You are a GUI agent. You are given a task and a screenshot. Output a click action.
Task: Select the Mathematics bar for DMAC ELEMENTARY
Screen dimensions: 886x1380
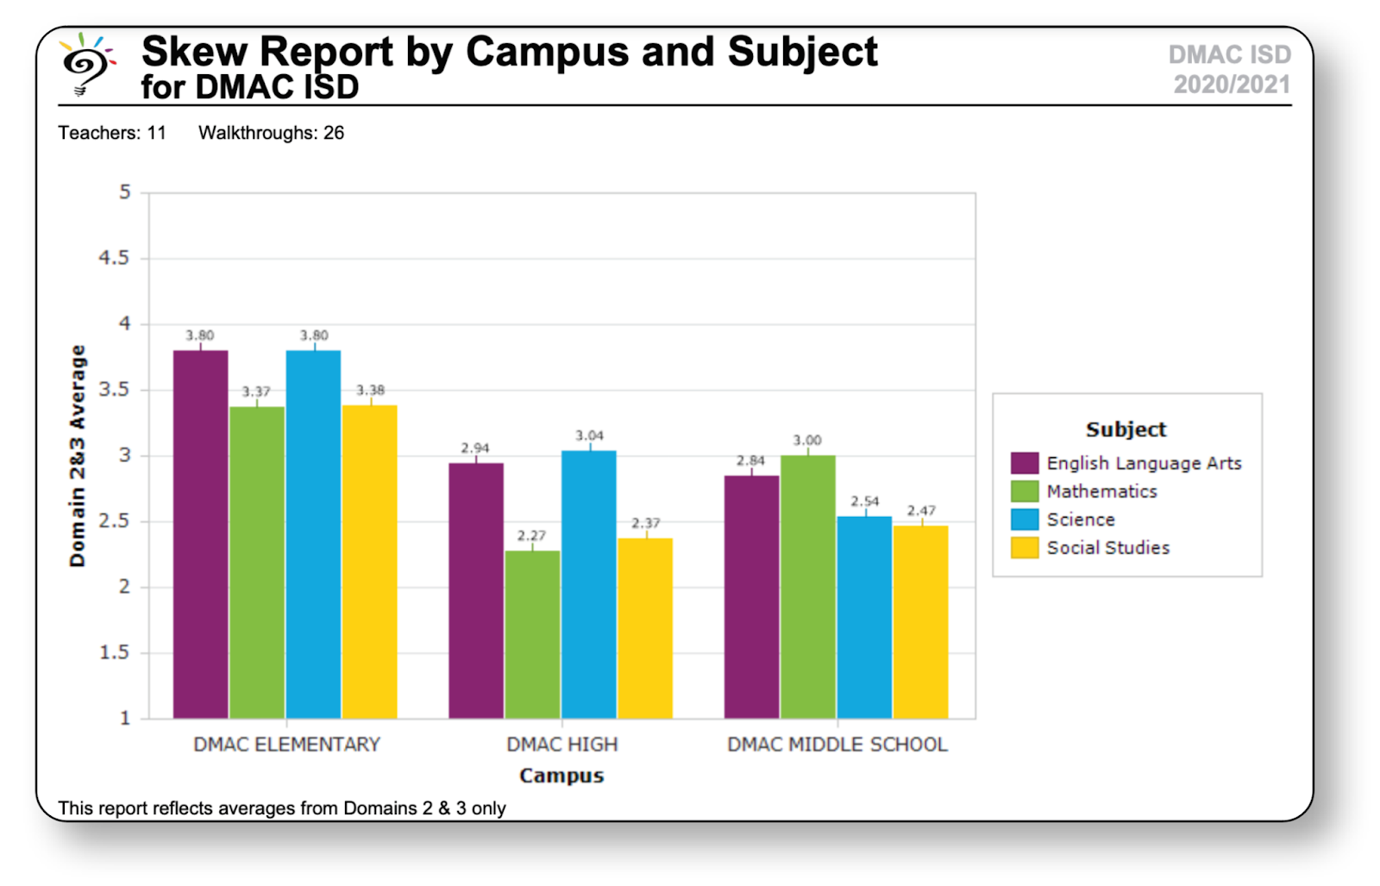pyautogui.click(x=257, y=562)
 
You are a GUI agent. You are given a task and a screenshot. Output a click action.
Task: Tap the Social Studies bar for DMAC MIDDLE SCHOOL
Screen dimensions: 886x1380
pyautogui.click(x=920, y=621)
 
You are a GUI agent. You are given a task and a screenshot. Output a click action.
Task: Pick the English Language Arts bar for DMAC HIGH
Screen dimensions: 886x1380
pyautogui.click(x=476, y=590)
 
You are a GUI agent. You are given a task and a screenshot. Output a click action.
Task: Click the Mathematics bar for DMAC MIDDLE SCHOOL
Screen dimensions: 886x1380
pyautogui.click(x=807, y=587)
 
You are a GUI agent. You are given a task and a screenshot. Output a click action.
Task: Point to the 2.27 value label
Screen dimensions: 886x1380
pyautogui.click(x=531, y=536)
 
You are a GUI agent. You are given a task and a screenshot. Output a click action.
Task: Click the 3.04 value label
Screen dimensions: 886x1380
pyautogui.click(x=589, y=436)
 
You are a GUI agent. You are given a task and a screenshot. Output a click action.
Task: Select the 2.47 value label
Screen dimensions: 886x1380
pyautogui.click(x=920, y=511)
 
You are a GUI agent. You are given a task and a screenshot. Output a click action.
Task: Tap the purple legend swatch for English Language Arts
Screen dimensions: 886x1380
pyautogui.click(x=1024, y=463)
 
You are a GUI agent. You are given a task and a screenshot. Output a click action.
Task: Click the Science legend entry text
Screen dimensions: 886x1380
pyautogui.click(x=1080, y=519)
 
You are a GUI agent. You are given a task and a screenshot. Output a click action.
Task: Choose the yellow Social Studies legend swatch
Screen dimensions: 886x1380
pyautogui.click(x=1024, y=548)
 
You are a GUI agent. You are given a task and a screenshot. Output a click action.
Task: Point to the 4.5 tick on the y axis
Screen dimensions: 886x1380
pyautogui.click(x=114, y=258)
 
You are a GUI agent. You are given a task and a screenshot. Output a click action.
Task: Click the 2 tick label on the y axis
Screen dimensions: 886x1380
pyautogui.click(x=124, y=587)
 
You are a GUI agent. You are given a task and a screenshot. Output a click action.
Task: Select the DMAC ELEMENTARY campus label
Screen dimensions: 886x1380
pyautogui.click(x=286, y=745)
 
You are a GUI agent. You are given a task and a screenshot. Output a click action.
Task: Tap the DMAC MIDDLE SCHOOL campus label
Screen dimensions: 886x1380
pyautogui.click(x=837, y=745)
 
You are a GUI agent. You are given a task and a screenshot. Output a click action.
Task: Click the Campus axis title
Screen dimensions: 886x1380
pyautogui.click(x=561, y=776)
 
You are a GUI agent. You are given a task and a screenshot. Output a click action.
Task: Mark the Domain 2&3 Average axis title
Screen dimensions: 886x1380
pyautogui.click(x=78, y=456)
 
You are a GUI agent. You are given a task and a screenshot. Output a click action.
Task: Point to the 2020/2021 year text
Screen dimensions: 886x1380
pyautogui.click(x=1231, y=85)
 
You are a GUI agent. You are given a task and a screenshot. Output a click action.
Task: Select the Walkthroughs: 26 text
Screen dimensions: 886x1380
pyautogui.click(x=271, y=133)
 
